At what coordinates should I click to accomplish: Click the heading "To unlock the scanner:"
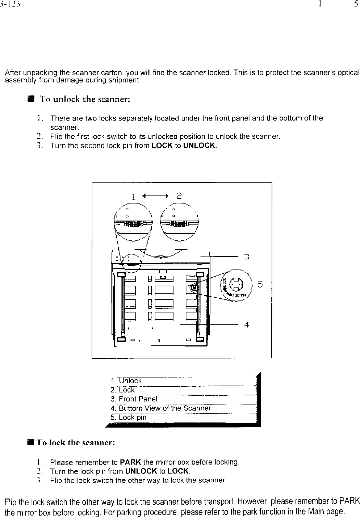(84, 99)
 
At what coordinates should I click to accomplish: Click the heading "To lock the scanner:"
(76, 442)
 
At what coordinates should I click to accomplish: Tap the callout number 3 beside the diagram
(246, 257)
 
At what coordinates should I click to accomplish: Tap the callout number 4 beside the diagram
(246, 325)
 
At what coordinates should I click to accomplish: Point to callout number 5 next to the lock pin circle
(260, 285)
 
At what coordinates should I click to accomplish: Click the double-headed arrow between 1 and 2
(155, 196)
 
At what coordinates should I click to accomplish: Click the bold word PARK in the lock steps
(131, 462)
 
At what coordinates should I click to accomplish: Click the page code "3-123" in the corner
(10, 4)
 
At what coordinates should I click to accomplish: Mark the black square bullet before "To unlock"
(31, 99)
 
